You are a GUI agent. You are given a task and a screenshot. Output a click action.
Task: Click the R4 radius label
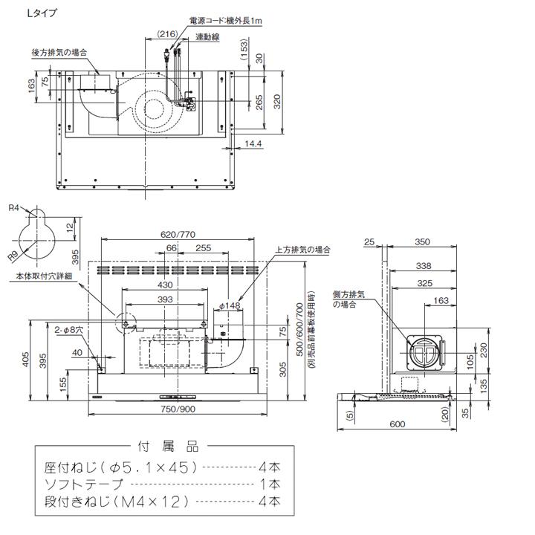click(13, 209)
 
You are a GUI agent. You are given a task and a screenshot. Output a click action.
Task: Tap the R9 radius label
click(13, 256)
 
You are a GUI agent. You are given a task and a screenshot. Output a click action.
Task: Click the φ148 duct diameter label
click(232, 305)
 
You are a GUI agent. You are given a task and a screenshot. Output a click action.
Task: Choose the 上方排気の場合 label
click(302, 250)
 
